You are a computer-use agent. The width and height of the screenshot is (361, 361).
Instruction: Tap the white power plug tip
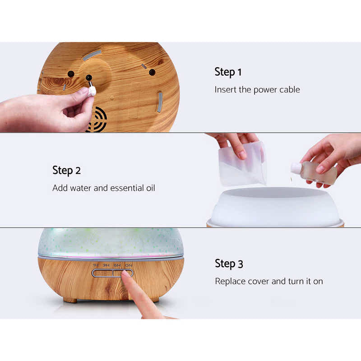92,91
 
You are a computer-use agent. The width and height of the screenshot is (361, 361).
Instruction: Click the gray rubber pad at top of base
91,55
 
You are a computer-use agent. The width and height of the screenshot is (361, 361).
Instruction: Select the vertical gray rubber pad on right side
159,102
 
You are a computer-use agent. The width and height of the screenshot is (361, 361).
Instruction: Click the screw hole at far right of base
152,72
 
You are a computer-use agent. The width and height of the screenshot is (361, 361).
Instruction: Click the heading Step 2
66,171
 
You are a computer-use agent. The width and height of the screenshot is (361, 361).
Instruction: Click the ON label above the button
129,265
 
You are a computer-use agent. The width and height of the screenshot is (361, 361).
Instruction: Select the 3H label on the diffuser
106,265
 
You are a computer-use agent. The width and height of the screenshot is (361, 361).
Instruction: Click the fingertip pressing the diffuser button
126,276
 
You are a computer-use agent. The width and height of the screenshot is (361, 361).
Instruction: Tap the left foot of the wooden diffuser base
70,300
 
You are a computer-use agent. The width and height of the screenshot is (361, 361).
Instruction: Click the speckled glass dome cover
111,241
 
